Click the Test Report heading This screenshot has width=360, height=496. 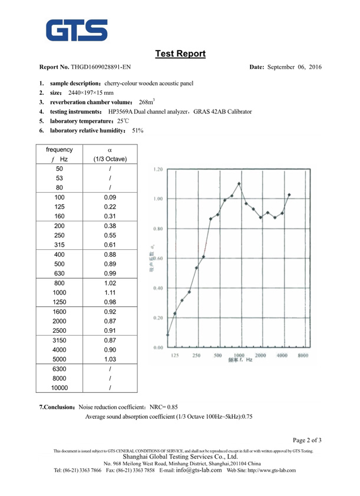point(180,54)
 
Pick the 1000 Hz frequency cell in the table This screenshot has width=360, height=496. point(59,292)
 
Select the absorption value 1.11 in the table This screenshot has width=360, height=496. point(108,292)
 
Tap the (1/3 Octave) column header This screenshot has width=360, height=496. point(108,159)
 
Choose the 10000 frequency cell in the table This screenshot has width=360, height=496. point(59,388)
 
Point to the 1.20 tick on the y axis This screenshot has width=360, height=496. point(157,169)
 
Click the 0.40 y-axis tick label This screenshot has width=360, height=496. point(157,288)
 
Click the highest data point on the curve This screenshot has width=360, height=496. point(239,183)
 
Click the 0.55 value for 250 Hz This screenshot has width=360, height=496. point(108,235)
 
